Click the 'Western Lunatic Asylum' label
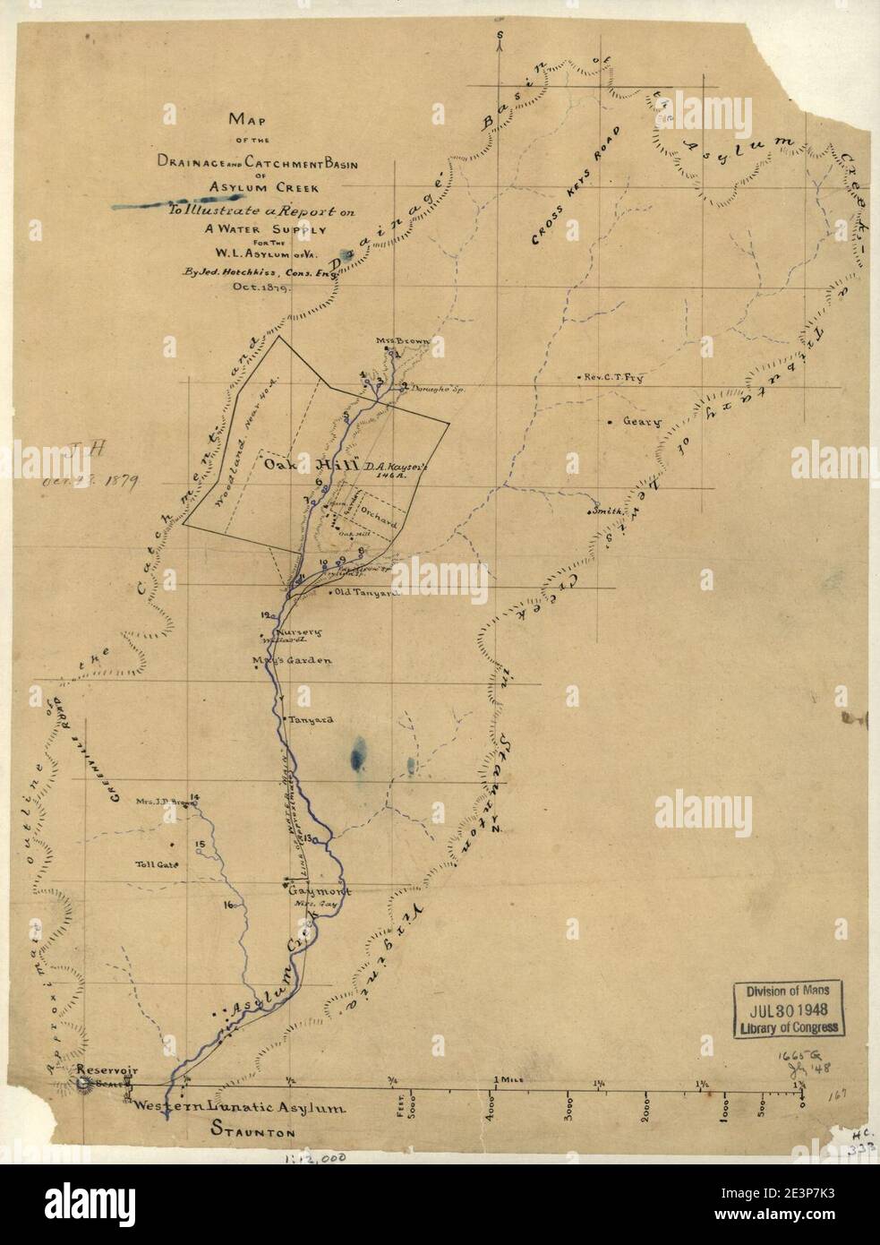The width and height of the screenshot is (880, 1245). click(239, 1108)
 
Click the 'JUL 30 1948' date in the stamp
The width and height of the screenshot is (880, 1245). click(788, 1009)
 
